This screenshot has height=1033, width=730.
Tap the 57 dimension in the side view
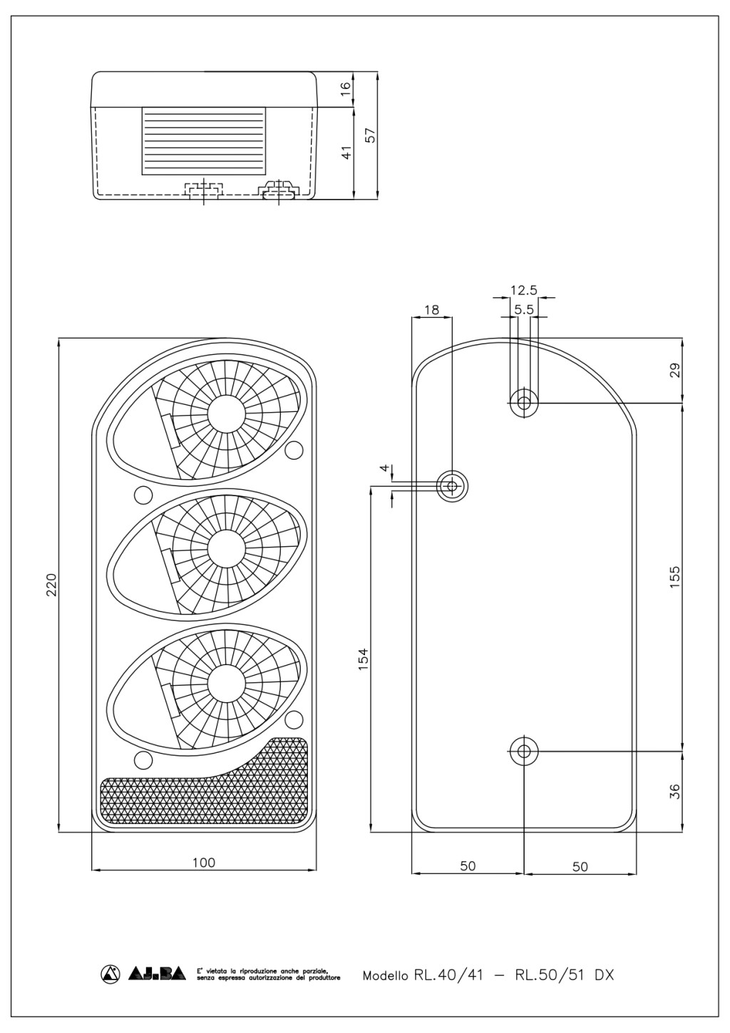pos(370,135)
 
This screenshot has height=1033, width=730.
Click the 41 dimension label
pos(346,152)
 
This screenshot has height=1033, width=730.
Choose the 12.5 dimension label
pos(524,291)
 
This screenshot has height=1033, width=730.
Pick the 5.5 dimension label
pos(524,310)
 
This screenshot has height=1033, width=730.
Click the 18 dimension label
pos(432,309)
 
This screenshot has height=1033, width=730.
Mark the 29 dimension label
pos(674,370)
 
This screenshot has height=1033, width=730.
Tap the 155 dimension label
pos(674,576)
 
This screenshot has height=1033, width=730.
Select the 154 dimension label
pos(364,659)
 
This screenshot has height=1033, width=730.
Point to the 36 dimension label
pos(674,791)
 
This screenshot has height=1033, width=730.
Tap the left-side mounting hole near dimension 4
pos(452,485)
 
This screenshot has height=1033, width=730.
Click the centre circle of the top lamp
pos(226,414)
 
